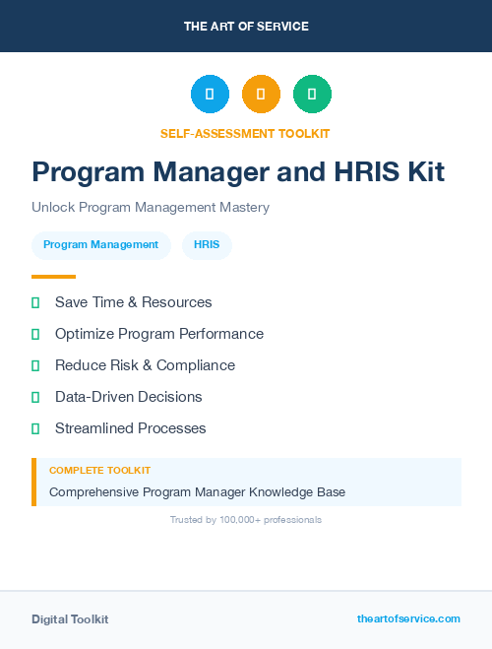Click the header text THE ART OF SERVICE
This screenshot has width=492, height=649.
point(246,27)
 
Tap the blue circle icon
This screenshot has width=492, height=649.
point(210,95)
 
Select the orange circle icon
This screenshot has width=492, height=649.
point(261,95)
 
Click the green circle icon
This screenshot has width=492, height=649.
point(312,95)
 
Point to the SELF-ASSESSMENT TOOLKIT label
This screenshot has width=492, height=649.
point(246,133)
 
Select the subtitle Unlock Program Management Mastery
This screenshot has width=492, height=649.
point(151,208)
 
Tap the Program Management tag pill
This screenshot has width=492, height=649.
point(100,245)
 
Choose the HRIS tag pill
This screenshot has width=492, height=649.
point(207,245)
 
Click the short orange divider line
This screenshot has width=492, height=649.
point(53,277)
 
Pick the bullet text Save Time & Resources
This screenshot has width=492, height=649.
point(133,302)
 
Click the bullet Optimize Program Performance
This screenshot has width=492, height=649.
point(158,334)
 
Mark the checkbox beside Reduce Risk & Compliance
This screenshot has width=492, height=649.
point(35,365)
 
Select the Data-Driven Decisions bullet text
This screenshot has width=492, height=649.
point(128,397)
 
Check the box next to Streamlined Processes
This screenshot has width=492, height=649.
point(35,428)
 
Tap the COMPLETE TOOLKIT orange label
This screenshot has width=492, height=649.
point(99,471)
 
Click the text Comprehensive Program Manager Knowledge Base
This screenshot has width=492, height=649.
point(197,491)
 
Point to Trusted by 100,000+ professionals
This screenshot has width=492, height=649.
point(246,519)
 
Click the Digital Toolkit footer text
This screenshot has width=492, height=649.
point(70,619)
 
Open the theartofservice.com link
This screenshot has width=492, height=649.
point(408,618)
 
